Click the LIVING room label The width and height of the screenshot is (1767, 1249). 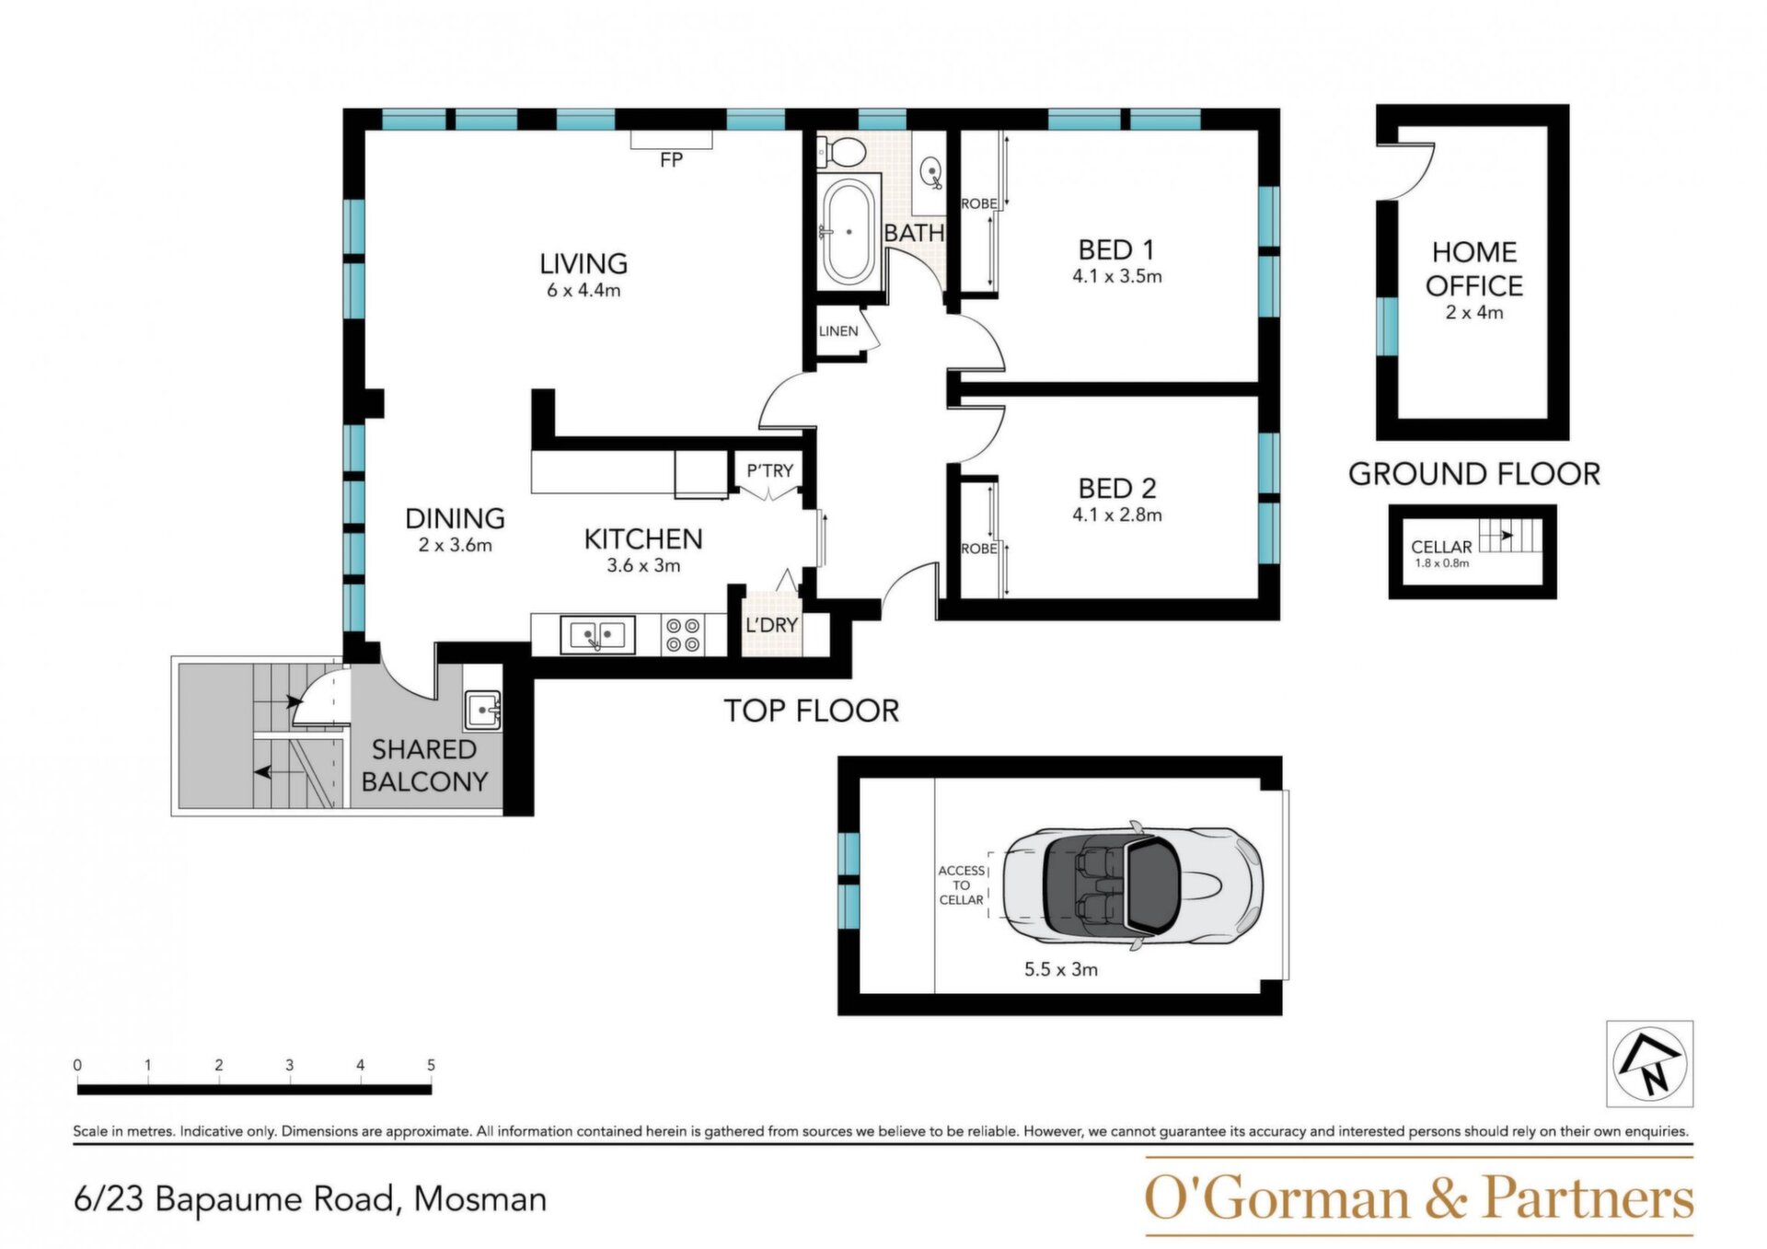pos(583,264)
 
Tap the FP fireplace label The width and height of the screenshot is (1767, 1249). pos(671,160)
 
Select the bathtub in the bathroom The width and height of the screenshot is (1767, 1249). pos(849,231)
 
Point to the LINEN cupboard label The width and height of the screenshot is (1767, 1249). pos(838,331)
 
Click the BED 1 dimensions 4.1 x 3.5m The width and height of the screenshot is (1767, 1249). pos(1116,276)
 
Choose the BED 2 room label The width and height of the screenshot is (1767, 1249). pos(1117,488)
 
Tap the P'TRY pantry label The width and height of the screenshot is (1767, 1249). pos(769,471)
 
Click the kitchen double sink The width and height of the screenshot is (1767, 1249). pos(597,635)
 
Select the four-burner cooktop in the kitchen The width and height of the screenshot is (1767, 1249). pos(683,636)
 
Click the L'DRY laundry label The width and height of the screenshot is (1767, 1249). pos(771,625)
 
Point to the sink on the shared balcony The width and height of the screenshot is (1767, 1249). pos(482,711)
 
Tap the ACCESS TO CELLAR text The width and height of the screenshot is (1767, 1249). pos(962,885)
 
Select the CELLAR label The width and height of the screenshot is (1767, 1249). pos(1441,547)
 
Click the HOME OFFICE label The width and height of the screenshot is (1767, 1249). pos(1474,269)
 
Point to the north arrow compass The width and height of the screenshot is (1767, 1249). pos(1650,1063)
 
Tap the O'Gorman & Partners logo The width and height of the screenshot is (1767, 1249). pos(1419,1197)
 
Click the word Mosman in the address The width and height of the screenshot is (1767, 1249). pos(480,1199)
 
